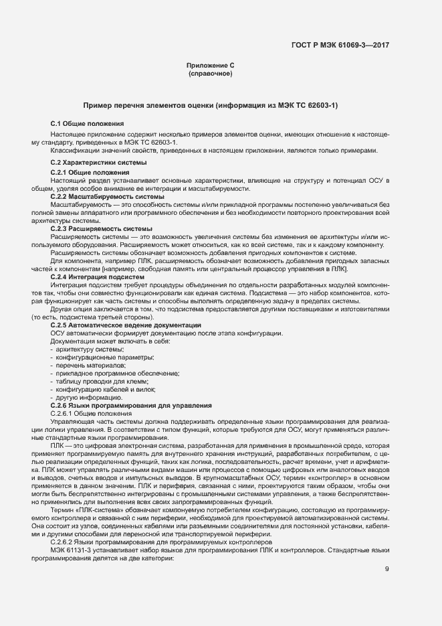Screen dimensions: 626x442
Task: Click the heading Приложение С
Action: click(210, 65)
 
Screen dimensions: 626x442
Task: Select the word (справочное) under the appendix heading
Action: click(210, 73)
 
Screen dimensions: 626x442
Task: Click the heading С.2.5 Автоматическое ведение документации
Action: click(126, 325)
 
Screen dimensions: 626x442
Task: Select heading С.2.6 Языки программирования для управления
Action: click(131, 405)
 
